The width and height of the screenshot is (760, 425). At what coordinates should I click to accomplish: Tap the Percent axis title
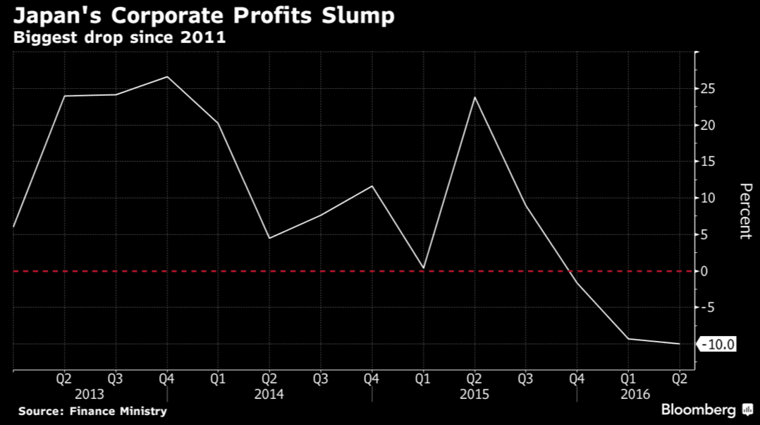click(x=744, y=211)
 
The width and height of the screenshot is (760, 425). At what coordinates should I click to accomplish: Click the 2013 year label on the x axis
click(x=89, y=393)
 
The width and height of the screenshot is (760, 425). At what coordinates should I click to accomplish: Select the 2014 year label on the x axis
click(x=269, y=393)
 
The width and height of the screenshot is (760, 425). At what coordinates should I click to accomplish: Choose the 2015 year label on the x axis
click(x=474, y=393)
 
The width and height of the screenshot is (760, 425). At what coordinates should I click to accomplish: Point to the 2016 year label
click(x=636, y=393)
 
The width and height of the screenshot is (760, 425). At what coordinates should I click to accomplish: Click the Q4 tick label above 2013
click(x=166, y=378)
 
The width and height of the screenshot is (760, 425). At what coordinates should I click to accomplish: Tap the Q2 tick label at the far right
click(x=679, y=378)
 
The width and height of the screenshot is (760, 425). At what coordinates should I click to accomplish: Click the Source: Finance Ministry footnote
click(x=92, y=411)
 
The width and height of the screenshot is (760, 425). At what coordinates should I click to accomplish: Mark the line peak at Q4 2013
click(x=167, y=76)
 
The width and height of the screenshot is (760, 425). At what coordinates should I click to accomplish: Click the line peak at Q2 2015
click(x=474, y=97)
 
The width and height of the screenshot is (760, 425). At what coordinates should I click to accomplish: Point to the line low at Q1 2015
click(x=423, y=268)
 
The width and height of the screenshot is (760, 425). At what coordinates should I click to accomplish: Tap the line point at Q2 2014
click(x=269, y=238)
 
